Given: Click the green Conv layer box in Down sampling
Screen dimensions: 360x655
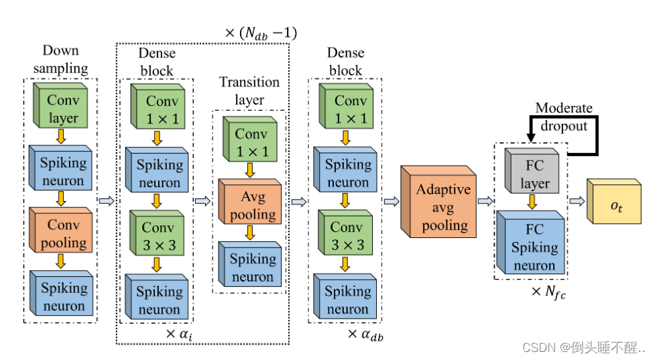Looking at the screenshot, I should point(62,109).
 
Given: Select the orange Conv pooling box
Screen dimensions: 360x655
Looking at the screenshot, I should point(62,233).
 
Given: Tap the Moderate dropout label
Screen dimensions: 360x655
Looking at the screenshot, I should point(563,117).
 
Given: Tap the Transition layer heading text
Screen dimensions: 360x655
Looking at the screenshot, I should point(249,91).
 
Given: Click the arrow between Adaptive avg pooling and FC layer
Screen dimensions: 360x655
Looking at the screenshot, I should point(483,200).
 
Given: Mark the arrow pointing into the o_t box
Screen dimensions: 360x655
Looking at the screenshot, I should point(577,200).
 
